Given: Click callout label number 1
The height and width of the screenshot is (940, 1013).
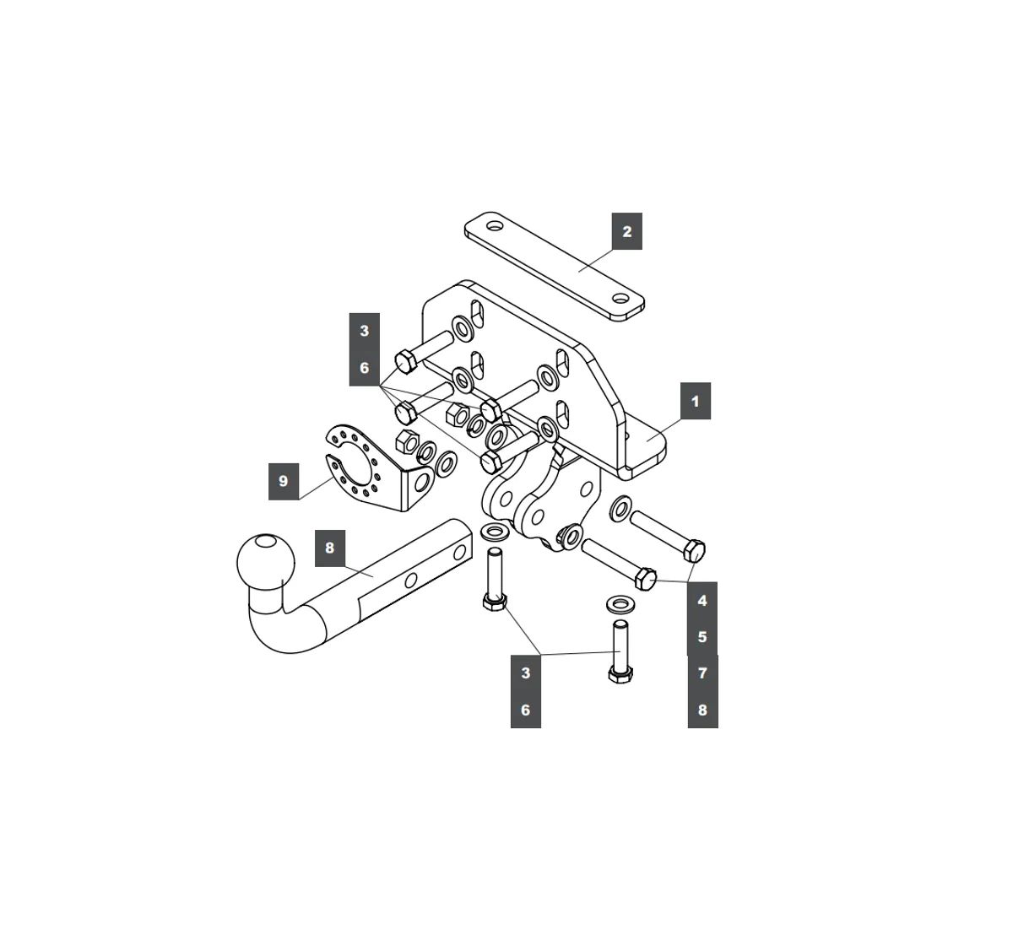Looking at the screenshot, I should coord(696,401).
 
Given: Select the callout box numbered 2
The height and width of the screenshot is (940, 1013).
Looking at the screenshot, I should coord(626,231).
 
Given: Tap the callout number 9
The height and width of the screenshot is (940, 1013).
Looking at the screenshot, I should coord(283,481).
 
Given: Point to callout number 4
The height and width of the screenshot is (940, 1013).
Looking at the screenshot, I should coord(702,601).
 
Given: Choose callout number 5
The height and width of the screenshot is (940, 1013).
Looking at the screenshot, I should coord(702,637).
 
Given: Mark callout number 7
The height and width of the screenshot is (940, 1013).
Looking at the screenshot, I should coord(702,673).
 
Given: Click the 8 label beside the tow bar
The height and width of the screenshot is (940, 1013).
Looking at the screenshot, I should coord(329,548).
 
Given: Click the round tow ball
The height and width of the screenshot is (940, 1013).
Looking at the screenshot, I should coord(266,561).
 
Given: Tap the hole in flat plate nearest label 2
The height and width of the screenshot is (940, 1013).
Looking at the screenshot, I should coord(620,299).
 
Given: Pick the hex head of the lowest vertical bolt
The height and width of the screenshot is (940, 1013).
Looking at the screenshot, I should coord(620,674).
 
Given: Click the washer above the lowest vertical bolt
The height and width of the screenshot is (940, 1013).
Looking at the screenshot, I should coord(620,604).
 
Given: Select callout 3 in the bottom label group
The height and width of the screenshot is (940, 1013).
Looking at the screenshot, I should coord(525,673).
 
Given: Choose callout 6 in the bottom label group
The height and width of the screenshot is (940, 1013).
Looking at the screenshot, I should coord(525,710).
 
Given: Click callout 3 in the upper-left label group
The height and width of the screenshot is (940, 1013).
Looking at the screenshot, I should coord(365,331).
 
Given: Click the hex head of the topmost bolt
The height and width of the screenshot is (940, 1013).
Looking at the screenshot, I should coord(404,361).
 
